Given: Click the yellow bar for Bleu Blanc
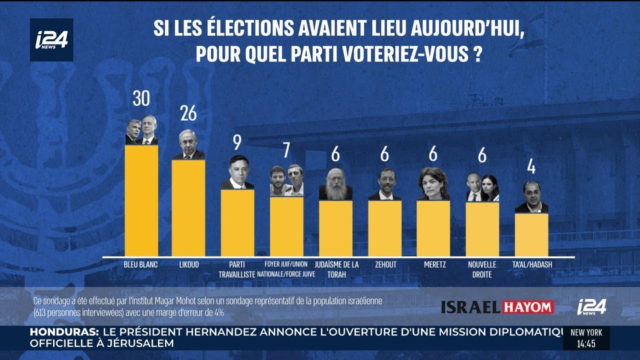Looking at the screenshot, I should pos(141,200).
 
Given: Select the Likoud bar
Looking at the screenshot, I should pos(188,207).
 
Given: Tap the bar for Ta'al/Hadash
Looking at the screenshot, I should pos(531,235).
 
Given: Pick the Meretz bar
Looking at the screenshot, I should pos(433,228).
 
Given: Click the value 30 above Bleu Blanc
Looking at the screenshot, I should pos(141,98).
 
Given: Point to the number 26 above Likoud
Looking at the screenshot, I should pos(188,114).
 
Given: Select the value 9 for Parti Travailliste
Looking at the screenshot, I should pos(237,142).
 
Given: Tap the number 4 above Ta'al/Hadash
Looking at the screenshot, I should pos(531,165).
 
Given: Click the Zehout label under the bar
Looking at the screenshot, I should pos(385,264).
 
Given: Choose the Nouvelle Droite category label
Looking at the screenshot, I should pos(482,269).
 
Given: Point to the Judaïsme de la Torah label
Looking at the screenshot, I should pos(336,269).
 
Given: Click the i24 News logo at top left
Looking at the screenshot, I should pos(51,40).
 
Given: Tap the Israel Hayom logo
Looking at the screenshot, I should pos(497,307).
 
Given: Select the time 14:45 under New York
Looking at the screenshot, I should pos(586,344).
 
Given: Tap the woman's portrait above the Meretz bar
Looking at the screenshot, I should pos(433,183).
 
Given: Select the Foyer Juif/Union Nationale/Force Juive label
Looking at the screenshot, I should pos(286,269).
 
